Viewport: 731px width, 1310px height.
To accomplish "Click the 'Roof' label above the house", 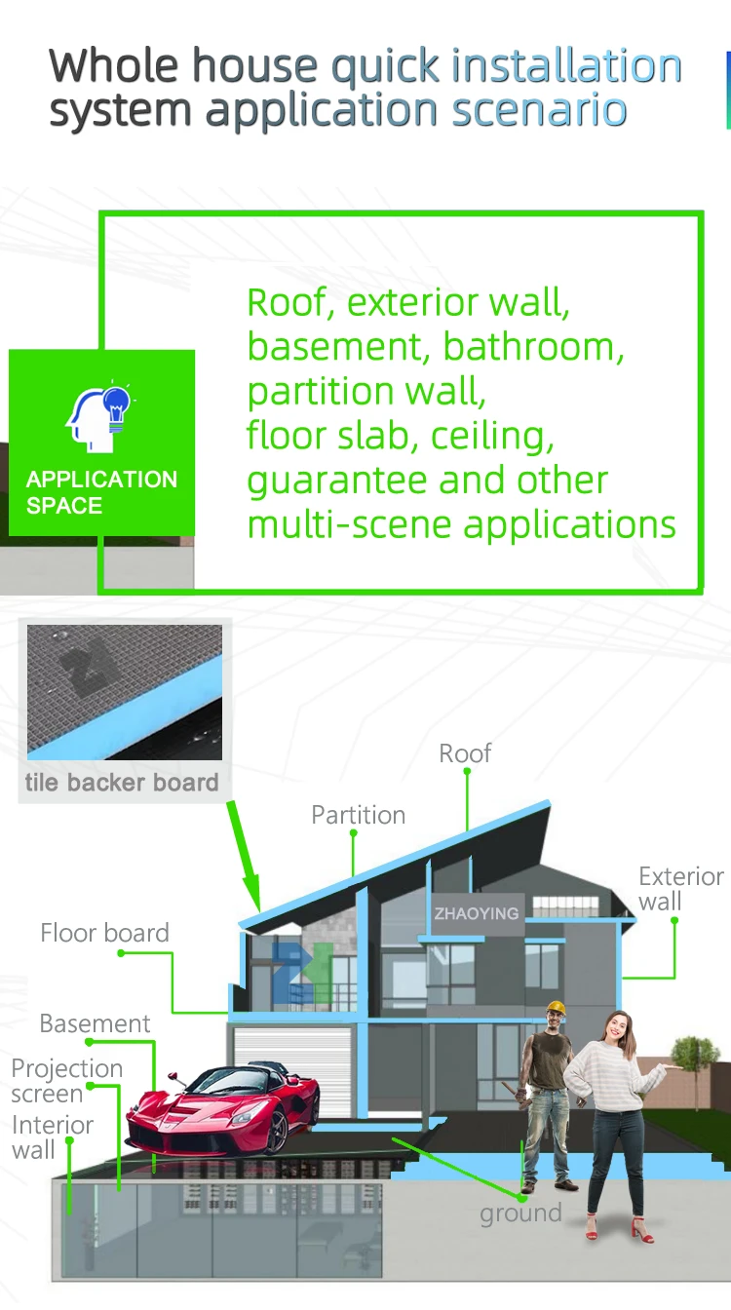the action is (465, 753).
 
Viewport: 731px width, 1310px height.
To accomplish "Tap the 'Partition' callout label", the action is (358, 815).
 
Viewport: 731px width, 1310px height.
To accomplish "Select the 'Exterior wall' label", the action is (680, 889).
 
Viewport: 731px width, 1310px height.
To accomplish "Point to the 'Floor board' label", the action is (104, 933).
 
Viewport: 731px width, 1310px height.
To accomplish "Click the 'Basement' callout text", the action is (95, 1023).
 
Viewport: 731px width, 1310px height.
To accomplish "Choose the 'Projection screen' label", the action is (66, 1081).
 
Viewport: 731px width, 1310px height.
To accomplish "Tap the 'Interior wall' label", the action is (52, 1137).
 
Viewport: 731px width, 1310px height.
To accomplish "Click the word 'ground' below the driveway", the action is (520, 1214).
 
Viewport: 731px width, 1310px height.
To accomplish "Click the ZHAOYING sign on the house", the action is (477, 913).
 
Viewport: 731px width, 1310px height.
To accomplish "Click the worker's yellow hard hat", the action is (557, 1008).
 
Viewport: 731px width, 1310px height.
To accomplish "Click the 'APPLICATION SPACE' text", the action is (101, 492).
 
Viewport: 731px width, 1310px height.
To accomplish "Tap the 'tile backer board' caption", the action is (122, 783).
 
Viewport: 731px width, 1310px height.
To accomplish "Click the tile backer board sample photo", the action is (125, 692).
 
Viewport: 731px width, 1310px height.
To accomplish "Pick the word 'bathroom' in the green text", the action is (532, 346).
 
